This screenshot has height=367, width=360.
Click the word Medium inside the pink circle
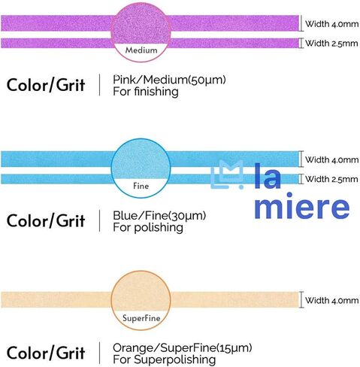click(x=141, y=50)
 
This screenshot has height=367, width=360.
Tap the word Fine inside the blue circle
click(x=141, y=186)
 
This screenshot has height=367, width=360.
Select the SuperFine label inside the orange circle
click(x=141, y=318)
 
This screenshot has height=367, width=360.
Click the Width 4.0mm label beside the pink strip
click(x=331, y=24)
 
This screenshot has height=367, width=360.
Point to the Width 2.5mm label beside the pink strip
click(x=331, y=43)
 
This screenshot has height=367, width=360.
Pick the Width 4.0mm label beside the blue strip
click(x=331, y=159)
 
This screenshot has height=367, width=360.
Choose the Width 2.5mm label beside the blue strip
click(x=331, y=179)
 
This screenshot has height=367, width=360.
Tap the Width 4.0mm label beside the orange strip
click(x=331, y=300)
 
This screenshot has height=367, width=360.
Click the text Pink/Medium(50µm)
click(x=169, y=80)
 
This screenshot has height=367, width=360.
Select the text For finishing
click(x=146, y=91)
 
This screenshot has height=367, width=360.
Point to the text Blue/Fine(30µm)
click(x=159, y=216)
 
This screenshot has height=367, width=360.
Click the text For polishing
click(x=148, y=227)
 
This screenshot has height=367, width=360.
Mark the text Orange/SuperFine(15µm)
click(x=183, y=348)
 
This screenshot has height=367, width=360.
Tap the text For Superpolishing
click(x=164, y=359)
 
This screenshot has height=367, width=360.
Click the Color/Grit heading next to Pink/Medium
click(x=46, y=85)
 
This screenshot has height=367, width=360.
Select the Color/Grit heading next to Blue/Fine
click(x=46, y=221)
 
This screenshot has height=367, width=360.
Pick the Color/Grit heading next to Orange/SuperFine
click(x=46, y=353)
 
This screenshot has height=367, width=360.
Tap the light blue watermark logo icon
click(x=227, y=174)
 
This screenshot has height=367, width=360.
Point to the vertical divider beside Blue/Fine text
click(x=100, y=221)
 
